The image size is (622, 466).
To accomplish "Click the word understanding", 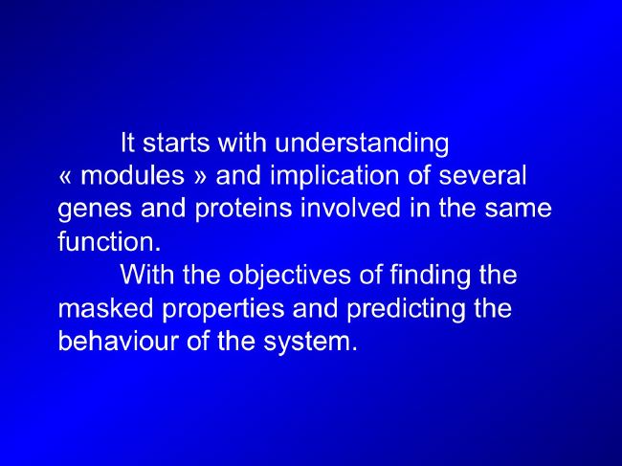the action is pos(362,144).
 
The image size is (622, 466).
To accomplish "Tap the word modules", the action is pos(132,175).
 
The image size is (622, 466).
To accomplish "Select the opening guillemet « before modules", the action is pos(65,177).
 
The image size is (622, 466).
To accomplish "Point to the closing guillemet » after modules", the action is pos(201,177).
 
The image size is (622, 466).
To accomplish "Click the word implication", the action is pos(335,176).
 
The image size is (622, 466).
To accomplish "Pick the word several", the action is pos(482,175).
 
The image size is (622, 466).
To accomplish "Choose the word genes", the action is pos(95,210).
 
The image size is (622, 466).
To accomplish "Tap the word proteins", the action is pos(244,210).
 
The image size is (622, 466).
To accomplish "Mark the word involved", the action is pos(350,208).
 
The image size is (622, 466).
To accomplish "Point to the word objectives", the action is pos(290,276).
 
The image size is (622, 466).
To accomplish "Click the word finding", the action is pos(430,276).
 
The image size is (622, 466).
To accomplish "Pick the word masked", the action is pos(105,307).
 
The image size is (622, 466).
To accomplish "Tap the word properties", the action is pos(223,309).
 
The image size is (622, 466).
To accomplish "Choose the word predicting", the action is pos(406,309).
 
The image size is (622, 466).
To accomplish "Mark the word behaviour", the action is pos(118,341).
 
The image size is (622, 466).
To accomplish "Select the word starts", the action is pos(176,144).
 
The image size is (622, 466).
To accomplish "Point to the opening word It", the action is pos(127,142).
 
